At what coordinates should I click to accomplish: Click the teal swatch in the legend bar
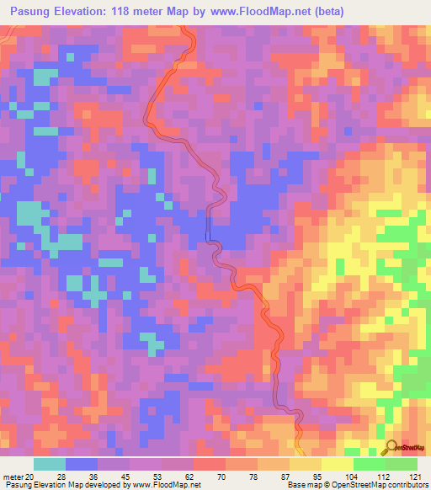[x=50, y=464]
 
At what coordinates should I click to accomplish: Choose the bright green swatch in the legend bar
[x=370, y=464]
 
